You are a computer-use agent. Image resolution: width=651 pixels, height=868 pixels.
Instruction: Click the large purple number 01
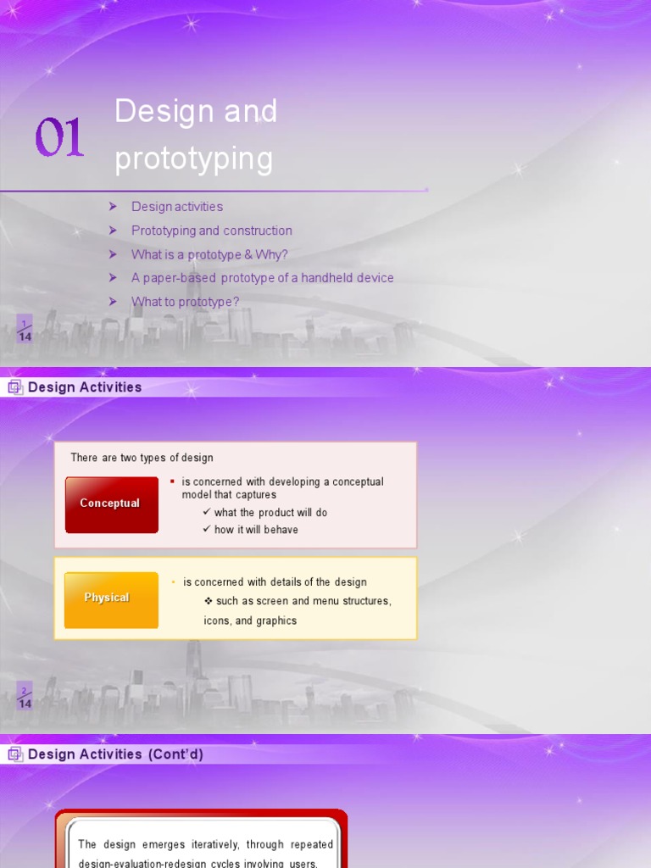(x=59, y=138)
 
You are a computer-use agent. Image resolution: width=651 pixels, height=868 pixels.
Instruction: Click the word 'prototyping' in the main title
(x=194, y=159)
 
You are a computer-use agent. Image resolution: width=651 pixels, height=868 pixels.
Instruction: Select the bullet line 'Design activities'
(x=177, y=207)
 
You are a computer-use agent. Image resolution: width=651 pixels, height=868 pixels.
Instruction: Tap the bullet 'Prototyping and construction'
(x=212, y=231)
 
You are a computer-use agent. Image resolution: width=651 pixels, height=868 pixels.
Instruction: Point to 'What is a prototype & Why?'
(x=209, y=254)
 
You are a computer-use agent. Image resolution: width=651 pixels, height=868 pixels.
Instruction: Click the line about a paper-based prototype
(x=263, y=278)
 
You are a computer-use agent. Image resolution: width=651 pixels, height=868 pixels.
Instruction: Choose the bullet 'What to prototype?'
(x=186, y=302)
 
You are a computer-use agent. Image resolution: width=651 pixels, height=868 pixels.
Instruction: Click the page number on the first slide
(x=25, y=331)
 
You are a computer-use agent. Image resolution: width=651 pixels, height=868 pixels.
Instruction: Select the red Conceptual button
(x=111, y=504)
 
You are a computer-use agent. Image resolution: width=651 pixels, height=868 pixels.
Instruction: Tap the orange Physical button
(x=108, y=598)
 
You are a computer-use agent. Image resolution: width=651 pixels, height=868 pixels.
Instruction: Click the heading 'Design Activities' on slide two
(x=85, y=387)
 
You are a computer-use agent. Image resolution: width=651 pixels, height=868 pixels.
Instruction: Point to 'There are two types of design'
(x=142, y=458)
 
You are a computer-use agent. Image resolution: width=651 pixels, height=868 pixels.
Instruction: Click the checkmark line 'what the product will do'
(x=270, y=513)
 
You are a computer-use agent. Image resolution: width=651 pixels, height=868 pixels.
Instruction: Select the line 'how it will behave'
(x=256, y=530)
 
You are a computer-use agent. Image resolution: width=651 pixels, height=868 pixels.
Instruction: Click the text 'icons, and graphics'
(x=250, y=620)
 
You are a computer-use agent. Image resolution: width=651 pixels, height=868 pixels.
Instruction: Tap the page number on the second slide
(x=25, y=698)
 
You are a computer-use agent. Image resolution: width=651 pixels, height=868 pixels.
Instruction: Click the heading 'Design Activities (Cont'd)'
(x=115, y=754)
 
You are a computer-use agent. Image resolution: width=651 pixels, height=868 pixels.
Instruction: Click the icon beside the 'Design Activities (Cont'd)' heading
(x=14, y=754)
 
